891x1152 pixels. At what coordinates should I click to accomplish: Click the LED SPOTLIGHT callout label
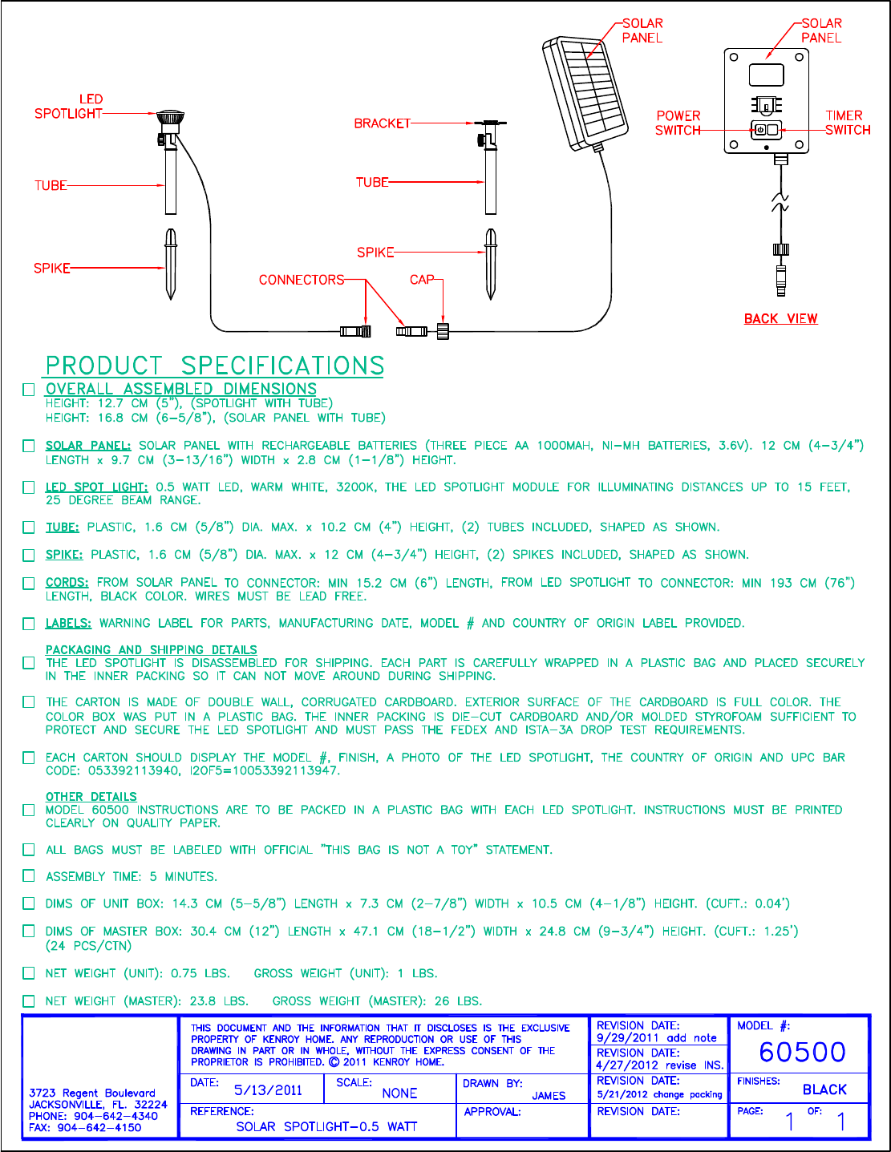pyautogui.click(x=69, y=107)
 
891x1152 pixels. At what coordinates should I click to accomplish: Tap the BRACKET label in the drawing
pyautogui.click(x=382, y=123)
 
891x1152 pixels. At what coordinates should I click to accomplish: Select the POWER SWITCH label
pyautogui.click(x=678, y=123)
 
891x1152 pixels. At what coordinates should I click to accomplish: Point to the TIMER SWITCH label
pyautogui.click(x=847, y=123)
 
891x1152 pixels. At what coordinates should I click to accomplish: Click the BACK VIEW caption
pyautogui.click(x=780, y=319)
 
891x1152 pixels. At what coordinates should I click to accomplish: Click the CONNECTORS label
pyautogui.click(x=301, y=280)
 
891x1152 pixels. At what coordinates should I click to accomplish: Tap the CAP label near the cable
pyautogui.click(x=422, y=280)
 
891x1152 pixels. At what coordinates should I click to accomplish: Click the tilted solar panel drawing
pyautogui.click(x=585, y=92)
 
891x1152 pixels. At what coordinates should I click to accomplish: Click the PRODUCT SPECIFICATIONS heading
pyautogui.click(x=214, y=366)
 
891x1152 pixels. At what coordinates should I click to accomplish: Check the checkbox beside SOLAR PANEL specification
pyautogui.click(x=29, y=446)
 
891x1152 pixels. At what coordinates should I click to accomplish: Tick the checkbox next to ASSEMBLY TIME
pyautogui.click(x=29, y=876)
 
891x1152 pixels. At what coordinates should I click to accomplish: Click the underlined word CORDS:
pyautogui.click(x=67, y=583)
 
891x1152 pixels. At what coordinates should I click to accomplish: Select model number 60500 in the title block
pyautogui.click(x=802, y=1052)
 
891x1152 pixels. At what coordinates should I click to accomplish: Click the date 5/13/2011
pyautogui.click(x=268, y=1090)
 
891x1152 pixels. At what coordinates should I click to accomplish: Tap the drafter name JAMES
pyautogui.click(x=549, y=1096)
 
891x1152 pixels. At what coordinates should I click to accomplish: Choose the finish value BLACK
pyautogui.click(x=824, y=1089)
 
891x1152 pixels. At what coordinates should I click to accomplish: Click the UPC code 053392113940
pyautogui.click(x=113, y=771)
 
